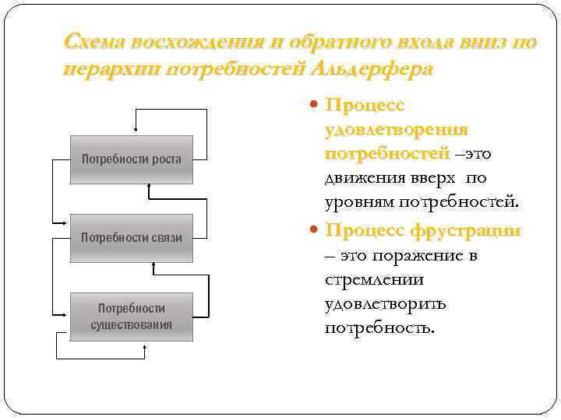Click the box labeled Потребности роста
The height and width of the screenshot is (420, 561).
pos(132,160)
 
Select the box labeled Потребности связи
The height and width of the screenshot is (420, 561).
pos(132,237)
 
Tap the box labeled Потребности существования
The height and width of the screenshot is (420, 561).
pos(132,317)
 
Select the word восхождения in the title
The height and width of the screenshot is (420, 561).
pos(188,43)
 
